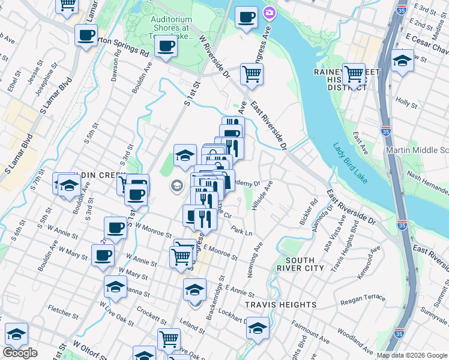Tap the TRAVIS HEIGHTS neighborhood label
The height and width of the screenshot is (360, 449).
(280, 305)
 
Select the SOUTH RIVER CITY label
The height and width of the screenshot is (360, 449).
(300, 264)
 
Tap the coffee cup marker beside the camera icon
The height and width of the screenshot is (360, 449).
(246, 17)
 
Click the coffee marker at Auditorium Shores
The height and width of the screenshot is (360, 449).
(166, 46)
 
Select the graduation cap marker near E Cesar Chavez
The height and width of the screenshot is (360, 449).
(402, 61)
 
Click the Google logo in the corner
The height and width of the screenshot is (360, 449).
(20, 353)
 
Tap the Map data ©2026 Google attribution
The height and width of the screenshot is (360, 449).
(412, 355)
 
